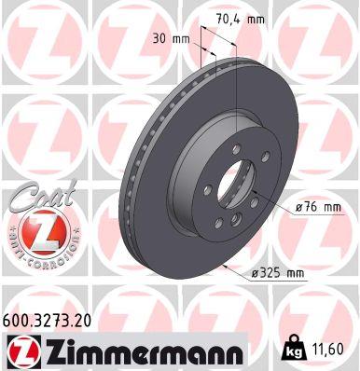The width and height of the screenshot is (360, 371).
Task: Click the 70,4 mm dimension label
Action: coord(234,17)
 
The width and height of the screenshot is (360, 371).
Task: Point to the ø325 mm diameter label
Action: coord(277,272)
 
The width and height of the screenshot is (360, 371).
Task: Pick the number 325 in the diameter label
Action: coord(272,272)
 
